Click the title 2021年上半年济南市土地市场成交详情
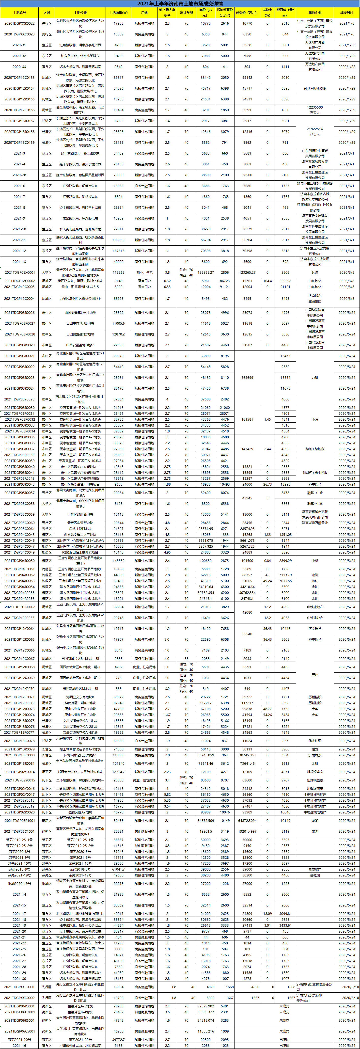coord(180,4)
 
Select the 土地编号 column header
coord(19,13)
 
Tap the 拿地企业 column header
coord(314,13)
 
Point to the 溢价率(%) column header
coord(267,13)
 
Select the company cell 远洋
coord(314,272)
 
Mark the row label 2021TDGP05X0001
coord(19,272)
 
